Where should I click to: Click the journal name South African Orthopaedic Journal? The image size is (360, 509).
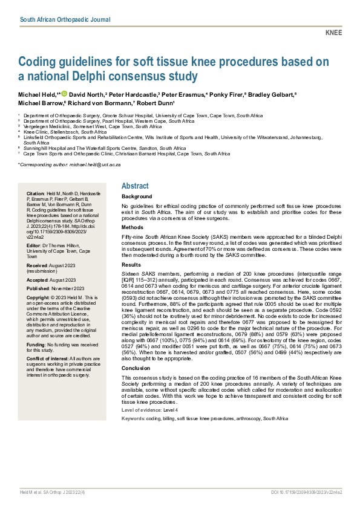(x=65, y=19)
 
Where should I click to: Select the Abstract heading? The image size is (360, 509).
(x=136, y=187)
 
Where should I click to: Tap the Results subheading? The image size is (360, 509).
(x=132, y=264)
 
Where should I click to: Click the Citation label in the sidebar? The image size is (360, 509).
(x=35, y=192)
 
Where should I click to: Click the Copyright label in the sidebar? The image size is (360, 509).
(x=39, y=298)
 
